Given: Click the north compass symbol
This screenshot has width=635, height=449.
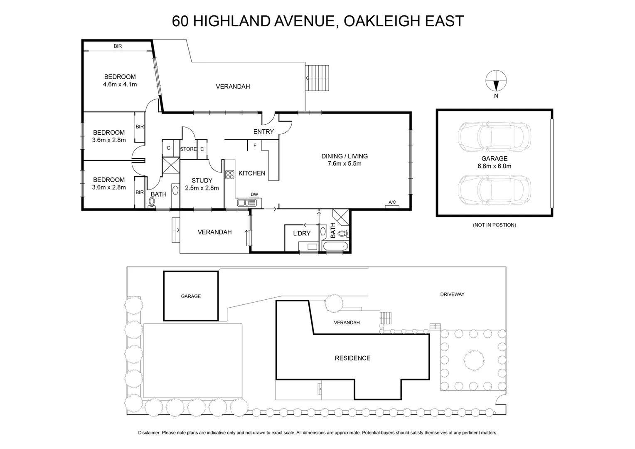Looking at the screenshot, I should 496,81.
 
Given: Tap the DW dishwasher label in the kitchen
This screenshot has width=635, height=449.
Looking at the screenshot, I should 254,195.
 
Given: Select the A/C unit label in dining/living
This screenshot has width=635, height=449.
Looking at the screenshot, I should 392,202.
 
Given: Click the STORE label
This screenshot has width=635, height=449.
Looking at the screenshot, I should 188,149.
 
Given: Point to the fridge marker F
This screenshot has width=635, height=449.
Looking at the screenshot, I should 254,146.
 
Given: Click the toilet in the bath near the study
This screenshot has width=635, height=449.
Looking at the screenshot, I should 152,202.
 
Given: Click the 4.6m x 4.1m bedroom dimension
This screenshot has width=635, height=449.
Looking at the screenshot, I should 120,84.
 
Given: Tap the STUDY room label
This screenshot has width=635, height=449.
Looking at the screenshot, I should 202,180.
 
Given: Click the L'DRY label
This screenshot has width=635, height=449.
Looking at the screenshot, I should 302,234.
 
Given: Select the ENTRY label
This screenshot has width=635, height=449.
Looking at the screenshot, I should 263,132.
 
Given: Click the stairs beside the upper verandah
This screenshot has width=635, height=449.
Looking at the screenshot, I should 317,78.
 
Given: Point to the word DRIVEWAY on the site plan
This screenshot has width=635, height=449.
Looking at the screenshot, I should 452,294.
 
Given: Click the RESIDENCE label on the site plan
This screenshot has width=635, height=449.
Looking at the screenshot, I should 352,358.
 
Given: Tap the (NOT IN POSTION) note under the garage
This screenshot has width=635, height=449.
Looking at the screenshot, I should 494,225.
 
